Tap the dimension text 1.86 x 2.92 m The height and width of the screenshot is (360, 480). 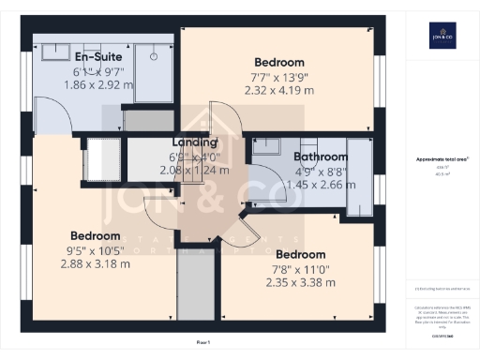pyautogui.click(x=98, y=84)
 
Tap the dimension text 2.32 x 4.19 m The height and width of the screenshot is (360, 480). pyautogui.click(x=279, y=92)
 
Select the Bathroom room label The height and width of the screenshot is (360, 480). pyautogui.click(x=321, y=157)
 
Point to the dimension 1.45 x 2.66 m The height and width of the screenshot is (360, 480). pyautogui.click(x=321, y=186)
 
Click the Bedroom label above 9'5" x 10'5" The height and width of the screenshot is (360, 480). pyautogui.click(x=95, y=235)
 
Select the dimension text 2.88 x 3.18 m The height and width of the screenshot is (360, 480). pyautogui.click(x=95, y=264)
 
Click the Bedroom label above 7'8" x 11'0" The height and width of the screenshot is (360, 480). pyautogui.click(x=301, y=254)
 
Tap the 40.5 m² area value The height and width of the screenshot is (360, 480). pyautogui.click(x=441, y=173)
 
